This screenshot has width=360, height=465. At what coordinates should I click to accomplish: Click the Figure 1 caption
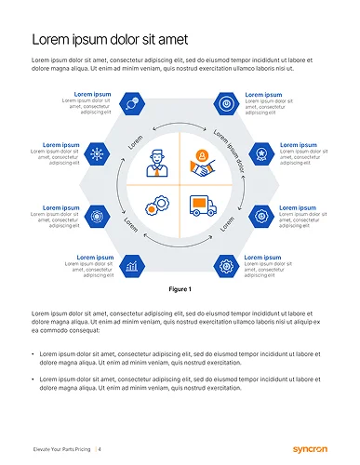pos(180,289)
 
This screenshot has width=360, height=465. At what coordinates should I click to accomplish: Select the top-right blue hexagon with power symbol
pos(226,102)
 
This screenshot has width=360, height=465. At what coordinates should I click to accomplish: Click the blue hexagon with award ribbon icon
pos(262,153)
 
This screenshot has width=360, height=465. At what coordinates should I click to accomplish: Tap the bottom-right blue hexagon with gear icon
pos(226,265)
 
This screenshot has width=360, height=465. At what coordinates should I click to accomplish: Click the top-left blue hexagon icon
pos(133,102)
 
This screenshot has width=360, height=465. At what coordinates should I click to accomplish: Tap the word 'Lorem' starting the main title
pos(51,39)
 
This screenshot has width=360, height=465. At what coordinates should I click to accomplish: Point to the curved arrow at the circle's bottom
pos(180,246)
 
